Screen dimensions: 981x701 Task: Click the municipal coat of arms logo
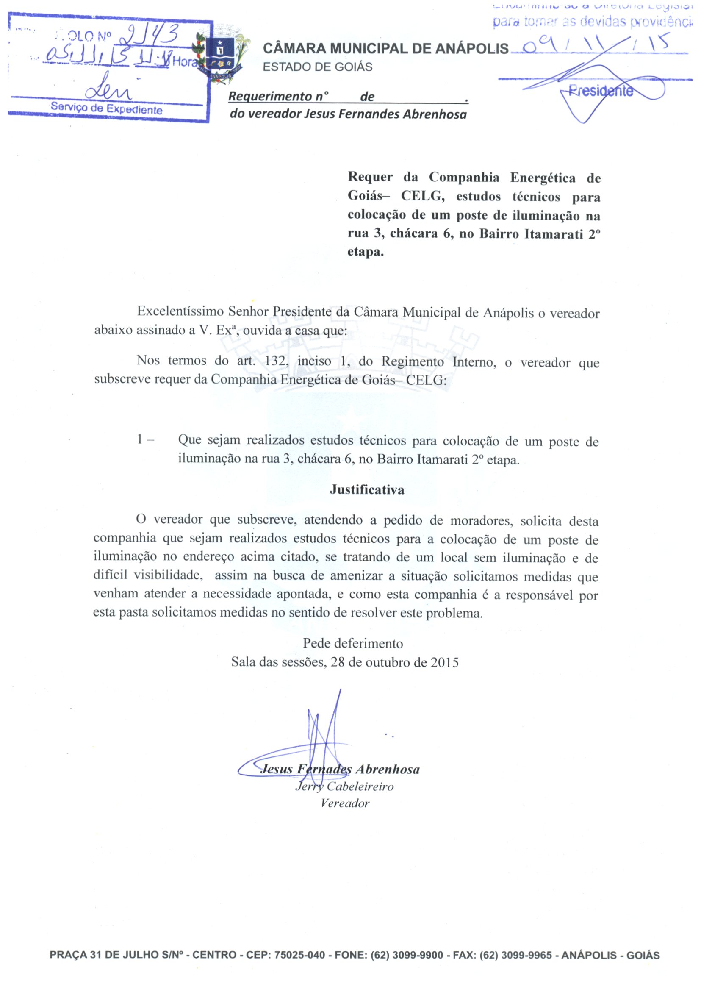[x=221, y=56]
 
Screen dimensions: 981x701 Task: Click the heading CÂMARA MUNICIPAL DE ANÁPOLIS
[x=385, y=48]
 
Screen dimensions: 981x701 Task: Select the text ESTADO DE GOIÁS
[x=317, y=67]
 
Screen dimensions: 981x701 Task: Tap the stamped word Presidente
[x=601, y=91]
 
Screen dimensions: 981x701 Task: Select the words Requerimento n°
[x=278, y=96]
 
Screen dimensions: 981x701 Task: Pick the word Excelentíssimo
[x=180, y=312]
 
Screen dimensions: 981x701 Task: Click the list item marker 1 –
[x=145, y=439]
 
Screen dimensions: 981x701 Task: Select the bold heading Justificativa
[x=367, y=489]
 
